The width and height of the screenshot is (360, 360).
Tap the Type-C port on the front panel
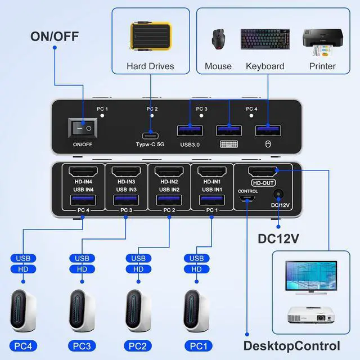[151, 134]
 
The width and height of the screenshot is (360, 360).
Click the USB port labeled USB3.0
[190, 130]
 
